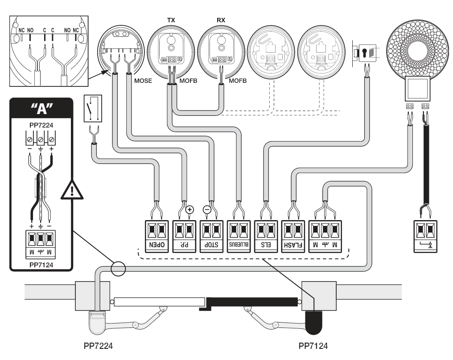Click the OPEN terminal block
pos(156,237)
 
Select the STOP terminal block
pos(211,237)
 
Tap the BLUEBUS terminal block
pos(239,237)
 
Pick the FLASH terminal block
pos(293,237)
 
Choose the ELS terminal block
pos(266,237)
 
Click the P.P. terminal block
pos(184,237)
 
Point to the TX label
pos(171,20)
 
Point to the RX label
pos(221,20)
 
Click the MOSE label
pos(143,81)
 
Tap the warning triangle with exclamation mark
pos(72,190)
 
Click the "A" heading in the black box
pos(41,109)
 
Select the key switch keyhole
pos(364,53)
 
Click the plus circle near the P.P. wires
pos(189,209)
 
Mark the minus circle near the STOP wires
pos(207,209)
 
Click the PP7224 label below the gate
pos(98,346)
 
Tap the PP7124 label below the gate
pos(313,346)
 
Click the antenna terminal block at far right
pos(425,237)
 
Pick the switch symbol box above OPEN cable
pos(93,108)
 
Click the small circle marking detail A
pos(118,269)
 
